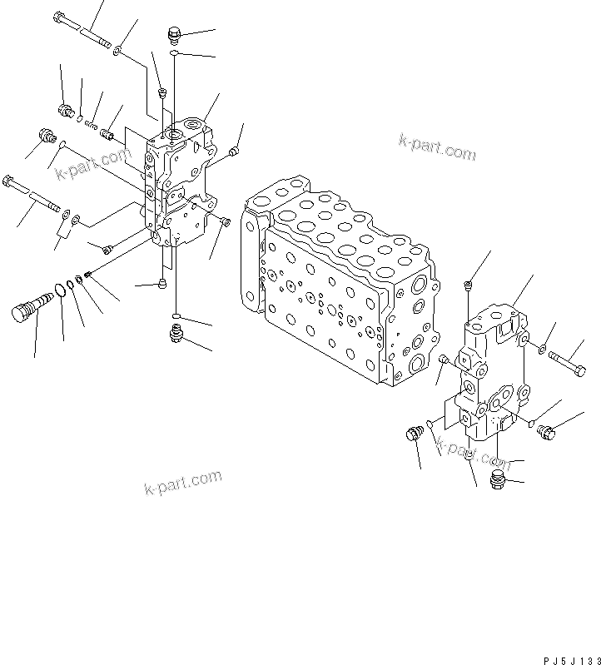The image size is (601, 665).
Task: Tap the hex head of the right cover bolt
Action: [579, 369]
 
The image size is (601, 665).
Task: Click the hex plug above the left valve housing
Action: [174, 34]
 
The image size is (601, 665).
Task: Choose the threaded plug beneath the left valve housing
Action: [176, 334]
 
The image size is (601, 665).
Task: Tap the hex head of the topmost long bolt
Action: [61, 17]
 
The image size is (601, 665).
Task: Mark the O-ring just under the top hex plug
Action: [174, 53]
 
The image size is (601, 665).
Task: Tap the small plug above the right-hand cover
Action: [469, 285]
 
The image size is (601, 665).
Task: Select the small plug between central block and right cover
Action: [444, 360]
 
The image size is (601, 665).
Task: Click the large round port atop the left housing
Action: [176, 130]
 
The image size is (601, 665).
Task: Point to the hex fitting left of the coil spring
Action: [66, 109]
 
